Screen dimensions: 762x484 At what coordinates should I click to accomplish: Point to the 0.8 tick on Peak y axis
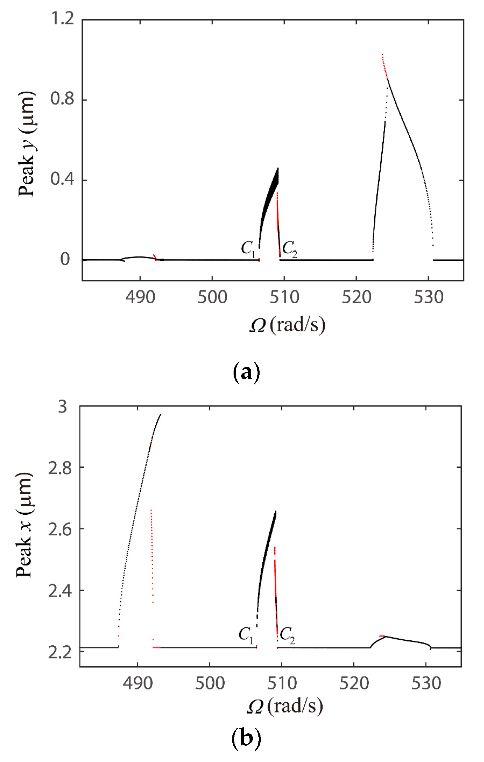tap(62, 99)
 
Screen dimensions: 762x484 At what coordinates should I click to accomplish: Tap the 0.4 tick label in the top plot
tap(62, 179)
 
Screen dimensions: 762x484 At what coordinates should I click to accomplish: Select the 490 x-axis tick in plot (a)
tap(140, 297)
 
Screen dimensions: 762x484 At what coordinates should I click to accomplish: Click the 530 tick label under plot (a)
tap(429, 297)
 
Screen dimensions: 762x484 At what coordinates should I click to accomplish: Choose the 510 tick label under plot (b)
tap(282, 684)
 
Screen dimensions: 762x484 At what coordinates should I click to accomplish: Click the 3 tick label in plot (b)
tap(62, 407)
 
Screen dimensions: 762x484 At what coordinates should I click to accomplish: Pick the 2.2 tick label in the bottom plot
tap(60, 652)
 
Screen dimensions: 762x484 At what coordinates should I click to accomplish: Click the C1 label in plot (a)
tap(248, 248)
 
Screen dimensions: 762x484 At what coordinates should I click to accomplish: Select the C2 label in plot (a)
tap(289, 248)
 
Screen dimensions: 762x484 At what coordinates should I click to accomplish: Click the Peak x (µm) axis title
tap(24, 525)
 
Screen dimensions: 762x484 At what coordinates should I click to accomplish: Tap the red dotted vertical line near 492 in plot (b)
tap(152, 557)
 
